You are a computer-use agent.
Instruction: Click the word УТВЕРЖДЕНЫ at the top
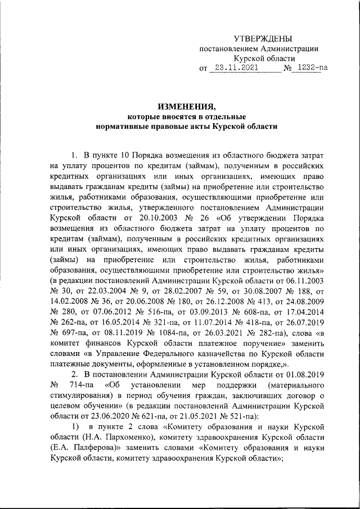point(263,38)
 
